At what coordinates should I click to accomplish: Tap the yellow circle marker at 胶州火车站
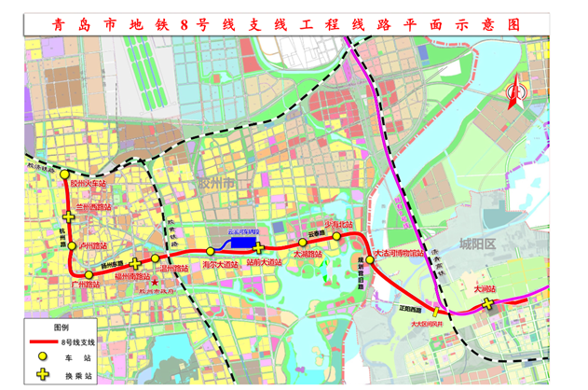pos(64,174)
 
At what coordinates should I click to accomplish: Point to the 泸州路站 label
pos(93,245)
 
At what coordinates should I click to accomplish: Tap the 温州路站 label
pos(173,269)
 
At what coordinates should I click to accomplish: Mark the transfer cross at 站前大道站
pos(259,249)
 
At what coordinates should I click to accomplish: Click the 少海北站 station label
pos(339,225)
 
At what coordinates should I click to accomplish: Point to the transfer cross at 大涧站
pos(488,303)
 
